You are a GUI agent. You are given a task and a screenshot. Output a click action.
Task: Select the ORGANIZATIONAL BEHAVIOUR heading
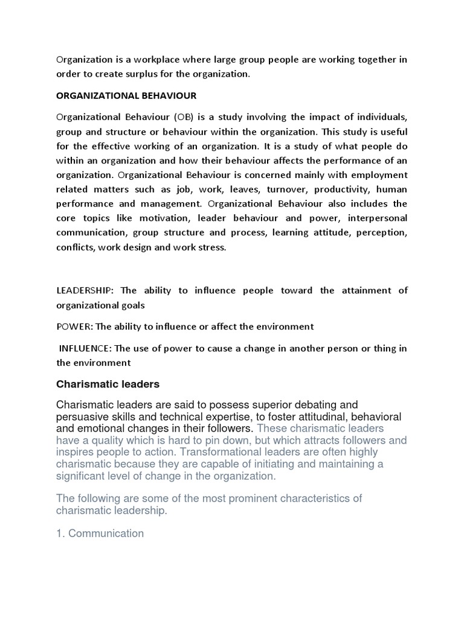[126, 95]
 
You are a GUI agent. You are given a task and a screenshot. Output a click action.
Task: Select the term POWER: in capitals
[75, 327]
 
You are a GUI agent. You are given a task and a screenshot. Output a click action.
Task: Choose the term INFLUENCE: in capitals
[85, 348]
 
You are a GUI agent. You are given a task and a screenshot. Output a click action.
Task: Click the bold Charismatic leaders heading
[108, 384]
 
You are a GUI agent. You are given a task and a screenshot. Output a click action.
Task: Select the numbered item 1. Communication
[100, 534]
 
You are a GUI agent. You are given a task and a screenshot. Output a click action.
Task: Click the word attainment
[362, 290]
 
